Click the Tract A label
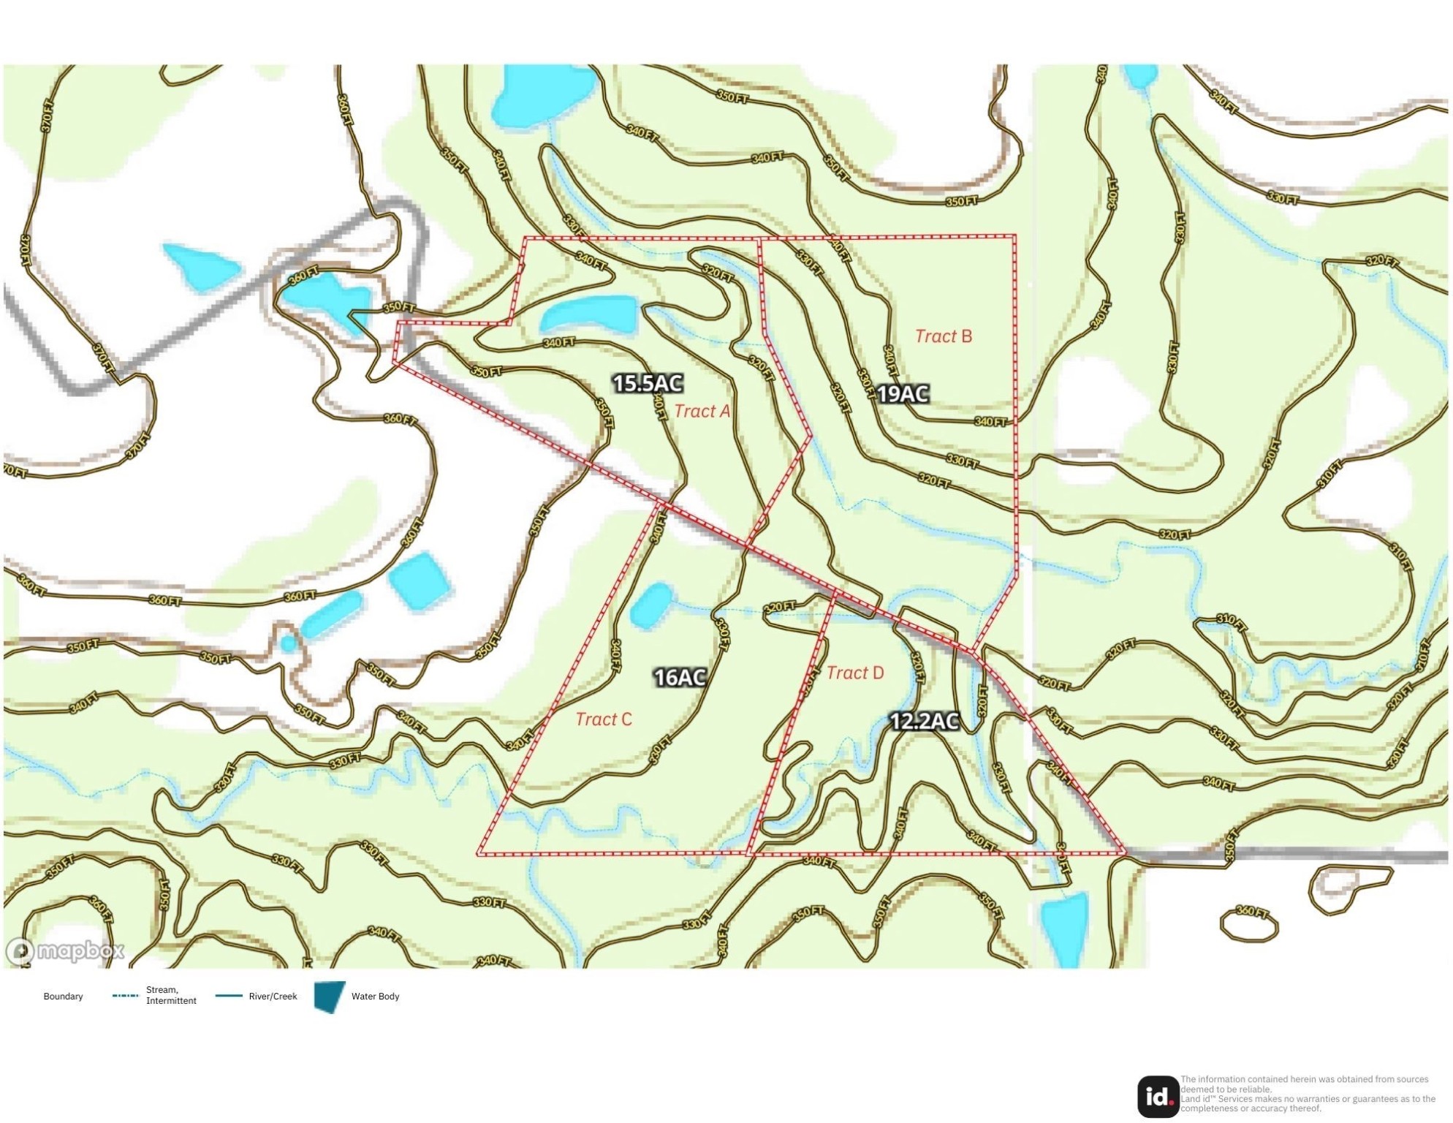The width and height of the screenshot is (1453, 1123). coord(702,411)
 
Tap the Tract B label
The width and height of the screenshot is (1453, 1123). coord(943,336)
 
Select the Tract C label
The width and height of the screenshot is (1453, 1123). coord(603,719)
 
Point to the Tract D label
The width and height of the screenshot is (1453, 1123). coord(854,673)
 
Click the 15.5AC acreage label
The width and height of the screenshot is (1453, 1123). coord(648,383)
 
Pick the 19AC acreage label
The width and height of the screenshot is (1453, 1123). coord(903,394)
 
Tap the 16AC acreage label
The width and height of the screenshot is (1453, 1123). coord(680,678)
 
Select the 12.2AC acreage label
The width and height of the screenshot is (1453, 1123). coord(924,722)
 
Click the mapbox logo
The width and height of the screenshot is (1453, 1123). coord(66,950)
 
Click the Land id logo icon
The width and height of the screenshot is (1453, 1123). coord(1158,1096)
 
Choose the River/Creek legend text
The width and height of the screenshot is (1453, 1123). coord(273,997)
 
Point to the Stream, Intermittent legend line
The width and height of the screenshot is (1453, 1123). coord(125,996)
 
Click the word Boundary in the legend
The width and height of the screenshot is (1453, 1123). coord(63,997)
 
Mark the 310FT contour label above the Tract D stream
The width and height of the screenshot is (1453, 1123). coord(1232,621)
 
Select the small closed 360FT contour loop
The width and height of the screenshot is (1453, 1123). coord(1249,926)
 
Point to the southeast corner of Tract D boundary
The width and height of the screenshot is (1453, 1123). coord(1125,853)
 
